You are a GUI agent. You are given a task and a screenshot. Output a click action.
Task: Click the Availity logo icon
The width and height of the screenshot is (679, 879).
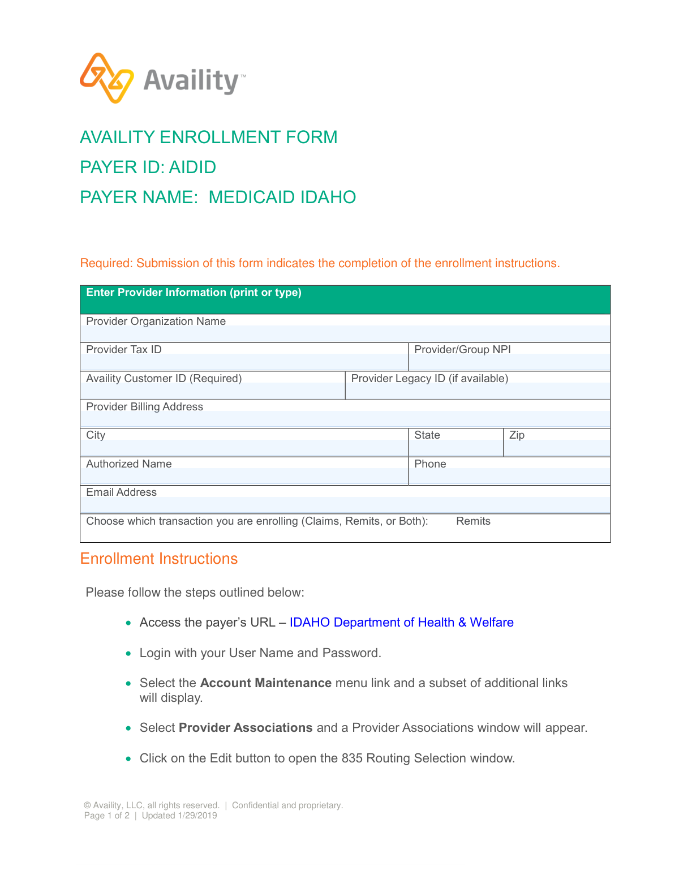(107, 78)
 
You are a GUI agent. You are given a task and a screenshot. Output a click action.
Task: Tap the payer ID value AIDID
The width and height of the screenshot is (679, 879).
(192, 167)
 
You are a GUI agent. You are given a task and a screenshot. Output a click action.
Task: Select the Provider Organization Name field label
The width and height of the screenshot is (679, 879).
(156, 321)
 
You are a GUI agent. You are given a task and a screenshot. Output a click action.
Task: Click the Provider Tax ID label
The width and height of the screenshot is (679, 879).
(124, 349)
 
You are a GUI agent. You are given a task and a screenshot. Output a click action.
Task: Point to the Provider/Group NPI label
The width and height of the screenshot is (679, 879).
(462, 349)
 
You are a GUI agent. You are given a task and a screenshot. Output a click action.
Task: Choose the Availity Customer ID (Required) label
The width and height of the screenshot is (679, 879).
(164, 378)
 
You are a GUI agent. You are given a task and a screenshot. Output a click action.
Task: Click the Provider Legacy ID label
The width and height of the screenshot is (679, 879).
(429, 378)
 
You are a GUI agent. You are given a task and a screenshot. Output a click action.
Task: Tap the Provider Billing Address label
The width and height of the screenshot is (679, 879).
(144, 406)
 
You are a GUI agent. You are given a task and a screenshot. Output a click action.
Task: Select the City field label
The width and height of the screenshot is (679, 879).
(96, 435)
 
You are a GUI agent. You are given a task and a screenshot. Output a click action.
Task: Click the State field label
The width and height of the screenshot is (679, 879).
(427, 435)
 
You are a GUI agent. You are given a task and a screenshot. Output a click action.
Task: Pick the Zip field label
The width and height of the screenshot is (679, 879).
(517, 435)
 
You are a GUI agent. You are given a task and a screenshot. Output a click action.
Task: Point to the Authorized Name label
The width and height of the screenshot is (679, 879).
(128, 464)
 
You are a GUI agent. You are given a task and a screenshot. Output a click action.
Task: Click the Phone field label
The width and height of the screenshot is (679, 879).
(430, 464)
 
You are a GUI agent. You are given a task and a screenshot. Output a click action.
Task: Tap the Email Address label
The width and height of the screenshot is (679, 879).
(121, 492)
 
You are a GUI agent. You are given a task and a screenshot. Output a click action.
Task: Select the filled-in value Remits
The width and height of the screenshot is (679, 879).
(473, 521)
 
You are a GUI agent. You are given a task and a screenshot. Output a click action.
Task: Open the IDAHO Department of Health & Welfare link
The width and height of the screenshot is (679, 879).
(401, 622)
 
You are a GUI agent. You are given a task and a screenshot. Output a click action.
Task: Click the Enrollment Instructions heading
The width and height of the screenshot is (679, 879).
(158, 559)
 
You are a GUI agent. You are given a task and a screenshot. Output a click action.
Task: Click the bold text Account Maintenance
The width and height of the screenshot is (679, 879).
(265, 683)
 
